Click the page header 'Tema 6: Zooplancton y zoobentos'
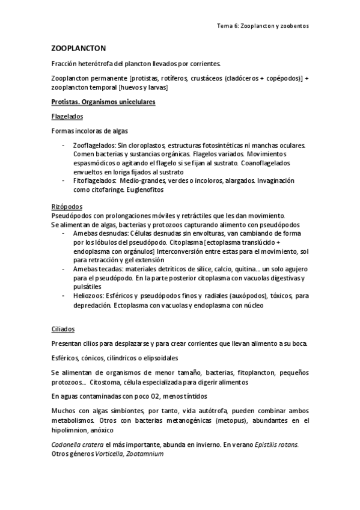click(x=263, y=26)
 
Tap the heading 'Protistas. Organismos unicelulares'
click(x=104, y=102)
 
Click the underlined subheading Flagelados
click(x=67, y=116)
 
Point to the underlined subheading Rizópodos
click(x=67, y=206)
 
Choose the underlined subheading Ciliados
click(x=64, y=329)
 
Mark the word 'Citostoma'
click(x=108, y=382)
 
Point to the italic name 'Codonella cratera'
click(x=78, y=444)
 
